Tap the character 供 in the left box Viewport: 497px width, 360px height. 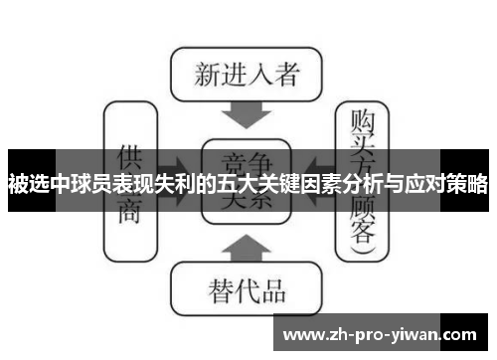point(129,158)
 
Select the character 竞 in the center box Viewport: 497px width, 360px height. point(232,159)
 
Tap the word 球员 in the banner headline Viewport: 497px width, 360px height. point(106,184)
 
